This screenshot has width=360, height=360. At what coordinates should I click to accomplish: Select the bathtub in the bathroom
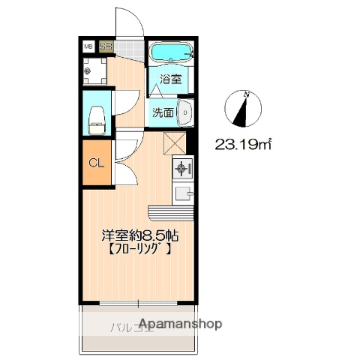pos(171,54)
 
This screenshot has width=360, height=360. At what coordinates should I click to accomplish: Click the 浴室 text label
pos(170,79)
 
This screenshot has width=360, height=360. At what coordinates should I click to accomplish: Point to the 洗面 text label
pos(163,112)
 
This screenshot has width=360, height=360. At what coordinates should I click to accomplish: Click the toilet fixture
pos(96,116)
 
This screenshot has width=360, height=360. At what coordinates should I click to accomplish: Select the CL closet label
pos(97,163)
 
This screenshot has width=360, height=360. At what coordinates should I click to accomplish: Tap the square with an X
pos(174,142)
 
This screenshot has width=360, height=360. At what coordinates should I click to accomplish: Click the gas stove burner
pos(182,169)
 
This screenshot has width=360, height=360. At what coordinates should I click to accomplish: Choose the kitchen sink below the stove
pos(182,193)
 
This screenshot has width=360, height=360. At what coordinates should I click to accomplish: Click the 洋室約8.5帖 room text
pos(140,233)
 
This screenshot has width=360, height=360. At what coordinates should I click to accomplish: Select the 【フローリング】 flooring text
pos(139,250)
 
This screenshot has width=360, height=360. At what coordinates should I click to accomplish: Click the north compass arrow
pos(241,110)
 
